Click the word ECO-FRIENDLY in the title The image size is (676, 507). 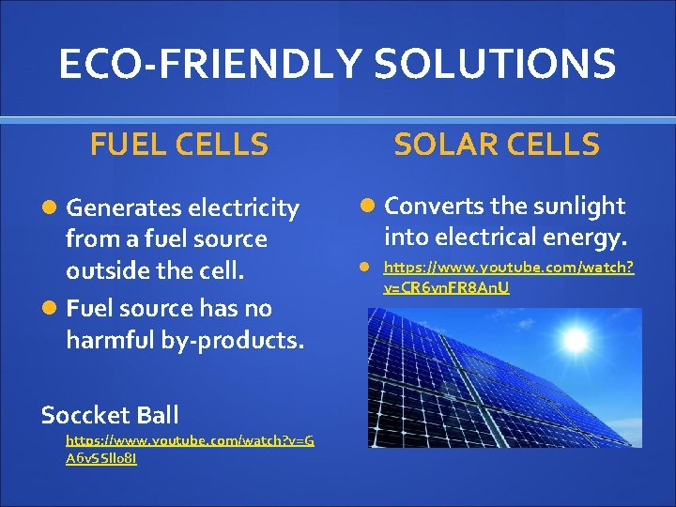pyautogui.click(x=209, y=64)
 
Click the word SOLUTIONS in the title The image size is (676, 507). pyautogui.click(x=495, y=64)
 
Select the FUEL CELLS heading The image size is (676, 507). pyautogui.click(x=179, y=145)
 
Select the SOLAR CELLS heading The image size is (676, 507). pyautogui.click(x=497, y=145)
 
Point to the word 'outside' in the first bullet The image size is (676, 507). pyautogui.click(x=104, y=271)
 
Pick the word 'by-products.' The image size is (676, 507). pyautogui.click(x=239, y=340)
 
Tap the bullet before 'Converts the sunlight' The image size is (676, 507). pyautogui.click(x=371, y=206)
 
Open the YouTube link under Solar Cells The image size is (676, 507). pyautogui.click(x=508, y=277)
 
